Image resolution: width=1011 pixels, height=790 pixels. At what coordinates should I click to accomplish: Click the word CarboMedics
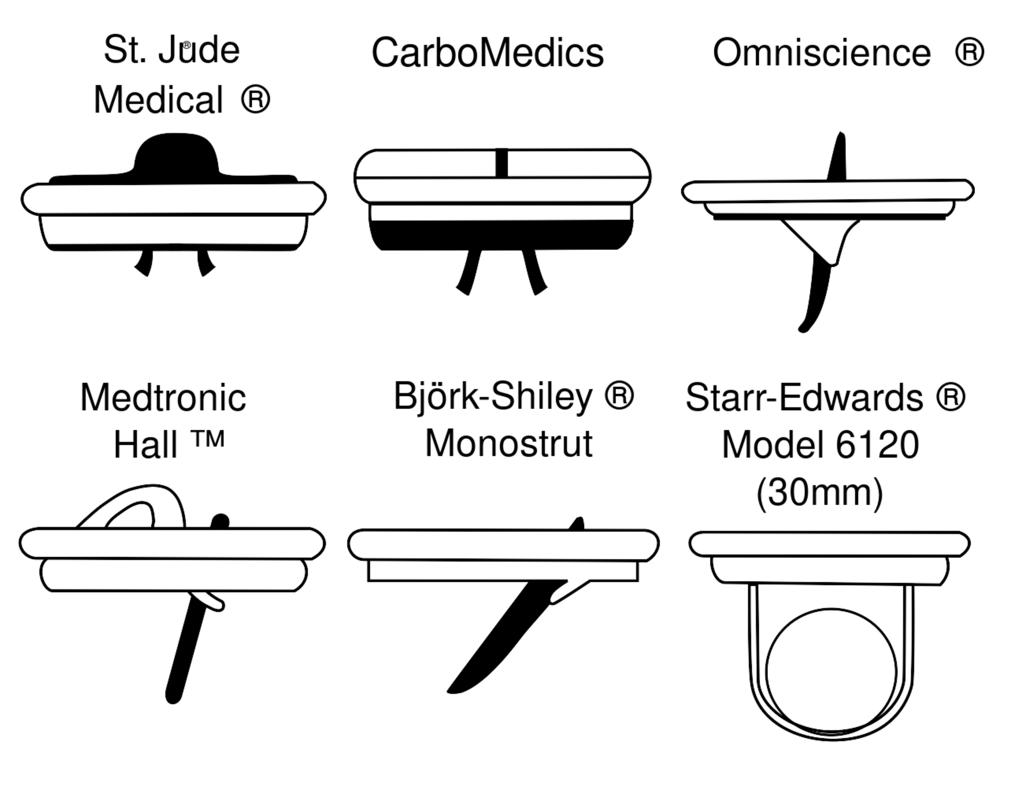tap(487, 53)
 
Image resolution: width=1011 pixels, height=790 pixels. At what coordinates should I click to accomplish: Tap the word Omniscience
tap(822, 53)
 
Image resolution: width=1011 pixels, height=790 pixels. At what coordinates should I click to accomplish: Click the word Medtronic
tap(163, 397)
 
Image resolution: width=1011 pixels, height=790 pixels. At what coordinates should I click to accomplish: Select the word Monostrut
tap(509, 444)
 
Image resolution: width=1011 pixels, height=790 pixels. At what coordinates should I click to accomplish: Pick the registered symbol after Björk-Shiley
tap(619, 396)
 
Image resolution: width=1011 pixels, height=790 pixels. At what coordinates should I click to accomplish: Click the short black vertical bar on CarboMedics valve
tap(501, 162)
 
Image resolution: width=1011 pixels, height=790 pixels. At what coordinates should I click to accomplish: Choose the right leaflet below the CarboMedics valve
tap(535, 273)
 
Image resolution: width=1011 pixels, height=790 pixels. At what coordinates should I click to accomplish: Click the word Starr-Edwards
tap(804, 397)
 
